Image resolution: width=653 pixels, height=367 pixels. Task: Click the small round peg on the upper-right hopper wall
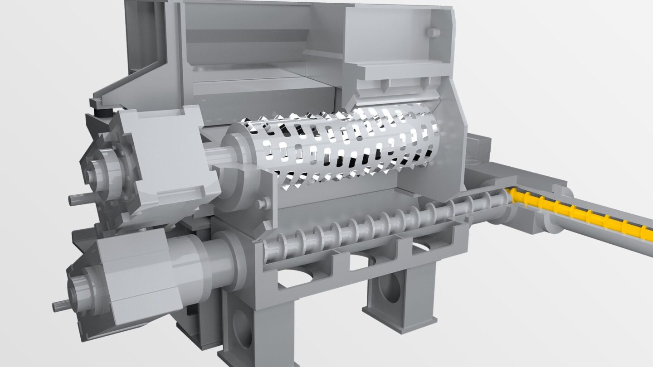(x=433, y=33)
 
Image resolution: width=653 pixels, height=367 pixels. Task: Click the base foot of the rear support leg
(x=399, y=322)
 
